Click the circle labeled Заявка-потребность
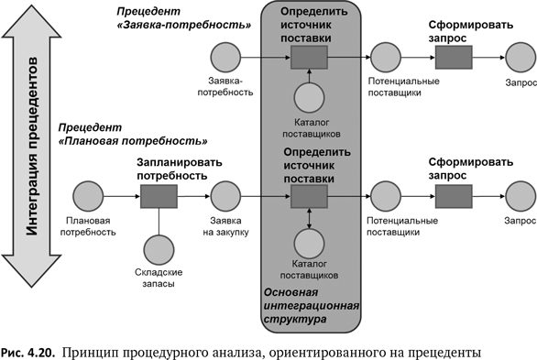(x=225, y=59)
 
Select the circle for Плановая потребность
(x=89, y=197)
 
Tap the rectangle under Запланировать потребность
(x=158, y=197)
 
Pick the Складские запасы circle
(x=158, y=249)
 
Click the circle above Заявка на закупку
(x=225, y=197)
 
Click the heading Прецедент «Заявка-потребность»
(x=183, y=17)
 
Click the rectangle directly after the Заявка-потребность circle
(x=310, y=59)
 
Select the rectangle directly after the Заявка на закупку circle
(x=310, y=197)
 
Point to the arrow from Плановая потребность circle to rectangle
(x=121, y=197)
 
